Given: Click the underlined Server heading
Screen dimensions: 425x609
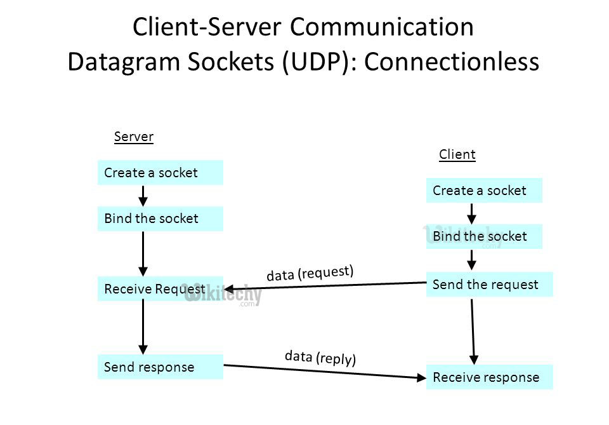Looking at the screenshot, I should click(134, 137).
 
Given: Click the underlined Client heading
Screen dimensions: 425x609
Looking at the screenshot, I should click(457, 154).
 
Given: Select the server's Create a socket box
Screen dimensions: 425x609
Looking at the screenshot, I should click(160, 173).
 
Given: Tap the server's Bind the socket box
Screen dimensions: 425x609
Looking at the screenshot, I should click(160, 219).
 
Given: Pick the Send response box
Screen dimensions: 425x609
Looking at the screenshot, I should click(160, 367).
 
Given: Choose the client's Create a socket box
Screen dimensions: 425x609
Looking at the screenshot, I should click(484, 191).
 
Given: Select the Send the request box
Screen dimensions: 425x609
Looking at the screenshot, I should click(489, 285).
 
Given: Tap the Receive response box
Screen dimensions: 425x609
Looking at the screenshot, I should click(489, 377).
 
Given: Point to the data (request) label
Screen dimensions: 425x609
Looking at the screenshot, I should click(310, 273).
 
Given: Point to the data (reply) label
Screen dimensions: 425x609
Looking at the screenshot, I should click(320, 357).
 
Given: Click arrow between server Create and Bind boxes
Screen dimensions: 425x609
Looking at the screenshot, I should click(143, 196).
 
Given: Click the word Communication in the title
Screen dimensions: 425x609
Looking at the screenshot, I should click(383, 27).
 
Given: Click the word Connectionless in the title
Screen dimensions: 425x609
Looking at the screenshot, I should click(452, 62).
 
